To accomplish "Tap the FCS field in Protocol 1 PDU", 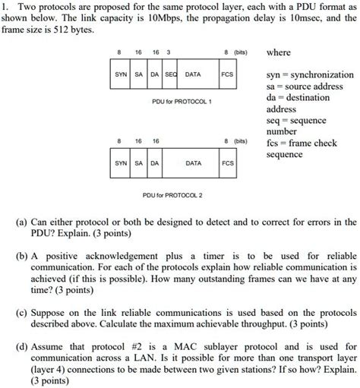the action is [226, 75].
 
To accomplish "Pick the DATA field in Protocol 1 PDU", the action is [193, 75].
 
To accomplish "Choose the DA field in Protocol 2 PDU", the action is [154, 163].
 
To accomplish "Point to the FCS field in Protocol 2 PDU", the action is [226, 163].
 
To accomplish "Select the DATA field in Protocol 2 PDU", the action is [193, 163].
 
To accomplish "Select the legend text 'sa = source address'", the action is [305, 87].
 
